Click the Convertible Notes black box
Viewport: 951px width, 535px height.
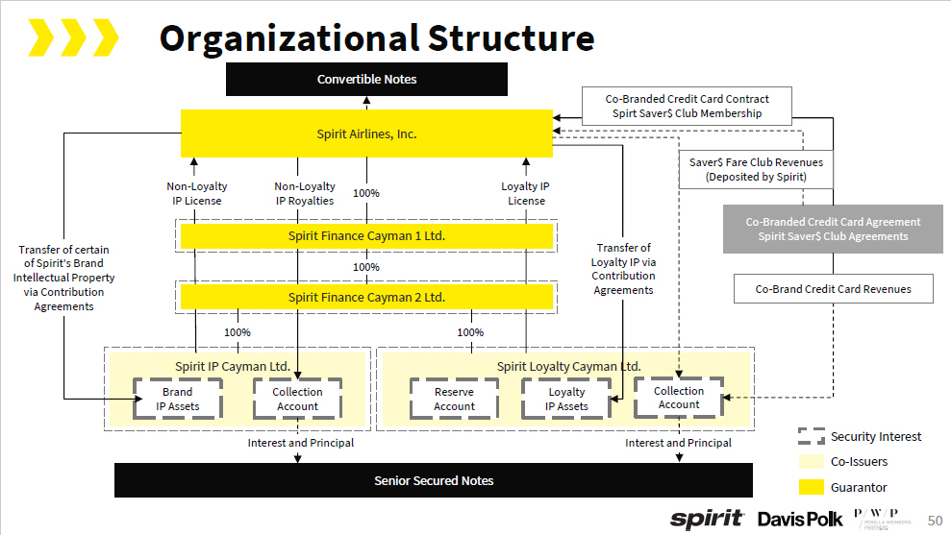366,79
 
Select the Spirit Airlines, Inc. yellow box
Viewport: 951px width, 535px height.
366,134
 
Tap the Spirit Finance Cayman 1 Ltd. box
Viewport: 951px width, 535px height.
366,235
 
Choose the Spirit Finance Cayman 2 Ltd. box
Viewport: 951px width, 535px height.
366,297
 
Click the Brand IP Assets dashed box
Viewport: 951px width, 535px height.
178,399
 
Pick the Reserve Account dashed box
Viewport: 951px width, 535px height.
454,399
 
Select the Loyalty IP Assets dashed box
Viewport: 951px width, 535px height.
566,399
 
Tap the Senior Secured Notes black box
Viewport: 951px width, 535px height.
434,480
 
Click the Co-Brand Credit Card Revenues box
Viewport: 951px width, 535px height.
833,289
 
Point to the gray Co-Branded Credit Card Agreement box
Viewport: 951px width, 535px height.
833,229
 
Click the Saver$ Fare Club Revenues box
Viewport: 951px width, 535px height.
756,170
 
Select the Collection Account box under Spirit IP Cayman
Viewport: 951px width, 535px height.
297,399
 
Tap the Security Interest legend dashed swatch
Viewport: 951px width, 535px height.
812,436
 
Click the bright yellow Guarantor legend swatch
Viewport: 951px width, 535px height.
812,487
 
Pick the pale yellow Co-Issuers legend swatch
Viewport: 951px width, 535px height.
812,462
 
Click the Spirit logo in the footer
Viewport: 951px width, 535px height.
707,519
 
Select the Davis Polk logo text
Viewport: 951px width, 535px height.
799,519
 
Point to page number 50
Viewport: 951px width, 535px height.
935,520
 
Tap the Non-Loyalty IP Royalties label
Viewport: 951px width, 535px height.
305,193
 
